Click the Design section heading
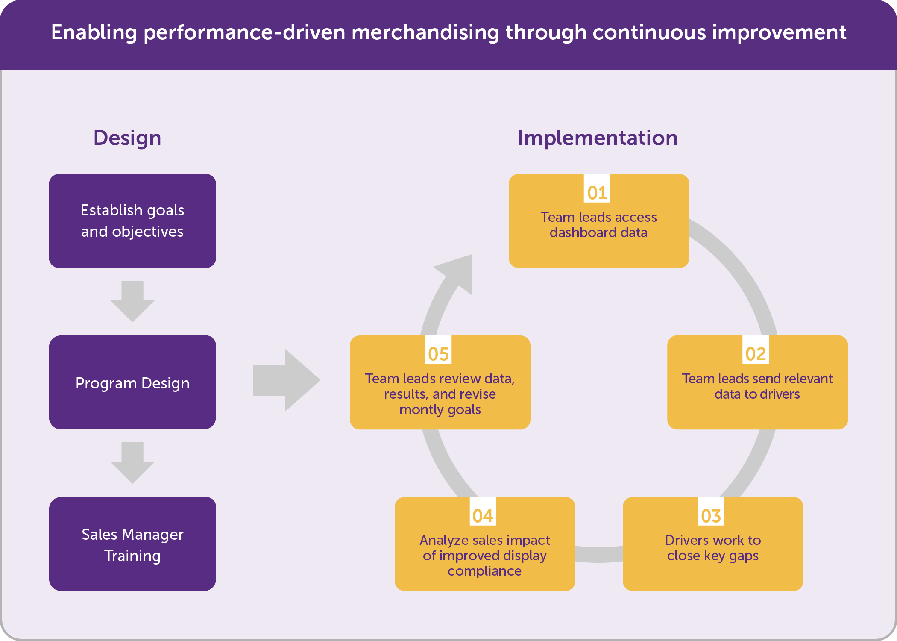(x=127, y=138)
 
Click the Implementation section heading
(x=598, y=138)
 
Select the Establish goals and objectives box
(x=132, y=221)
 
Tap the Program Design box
(x=132, y=382)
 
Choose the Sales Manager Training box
(x=132, y=544)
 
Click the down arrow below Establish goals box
(x=132, y=301)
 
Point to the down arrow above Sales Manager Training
(x=132, y=463)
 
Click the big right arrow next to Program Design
(x=287, y=380)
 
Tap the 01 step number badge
(x=597, y=188)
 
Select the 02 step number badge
(x=756, y=350)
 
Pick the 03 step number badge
(x=711, y=512)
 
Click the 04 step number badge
(x=483, y=512)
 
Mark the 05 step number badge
(x=438, y=350)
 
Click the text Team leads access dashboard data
(x=599, y=225)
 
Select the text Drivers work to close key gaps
(x=713, y=548)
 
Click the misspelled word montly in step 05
(x=421, y=409)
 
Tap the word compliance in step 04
(x=484, y=571)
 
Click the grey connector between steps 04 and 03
(x=599, y=555)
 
